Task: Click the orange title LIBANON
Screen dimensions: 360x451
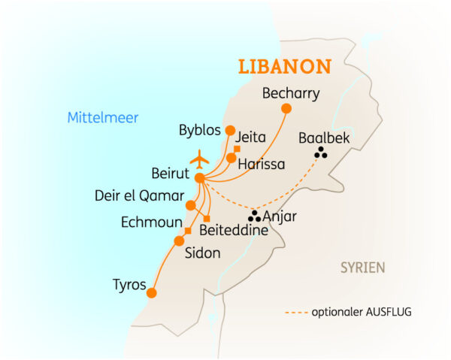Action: pos(285,66)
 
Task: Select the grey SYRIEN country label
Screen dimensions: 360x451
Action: pos(362,268)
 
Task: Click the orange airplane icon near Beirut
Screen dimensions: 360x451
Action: pos(200,159)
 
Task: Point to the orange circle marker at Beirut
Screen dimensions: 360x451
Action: pos(199,178)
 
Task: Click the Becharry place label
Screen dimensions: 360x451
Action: pos(291,94)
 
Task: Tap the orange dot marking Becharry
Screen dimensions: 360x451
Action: pos(286,108)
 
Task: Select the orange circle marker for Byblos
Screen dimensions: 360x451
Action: pos(230,129)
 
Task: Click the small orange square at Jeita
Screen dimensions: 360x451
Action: pos(237,148)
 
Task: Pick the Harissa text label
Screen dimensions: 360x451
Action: pos(261,163)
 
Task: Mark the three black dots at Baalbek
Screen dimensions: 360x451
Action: pos(321,153)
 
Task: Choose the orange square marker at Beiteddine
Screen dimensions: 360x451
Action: pos(207,219)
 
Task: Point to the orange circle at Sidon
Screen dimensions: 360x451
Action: pos(179,241)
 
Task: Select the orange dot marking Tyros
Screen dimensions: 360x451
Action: pos(151,293)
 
